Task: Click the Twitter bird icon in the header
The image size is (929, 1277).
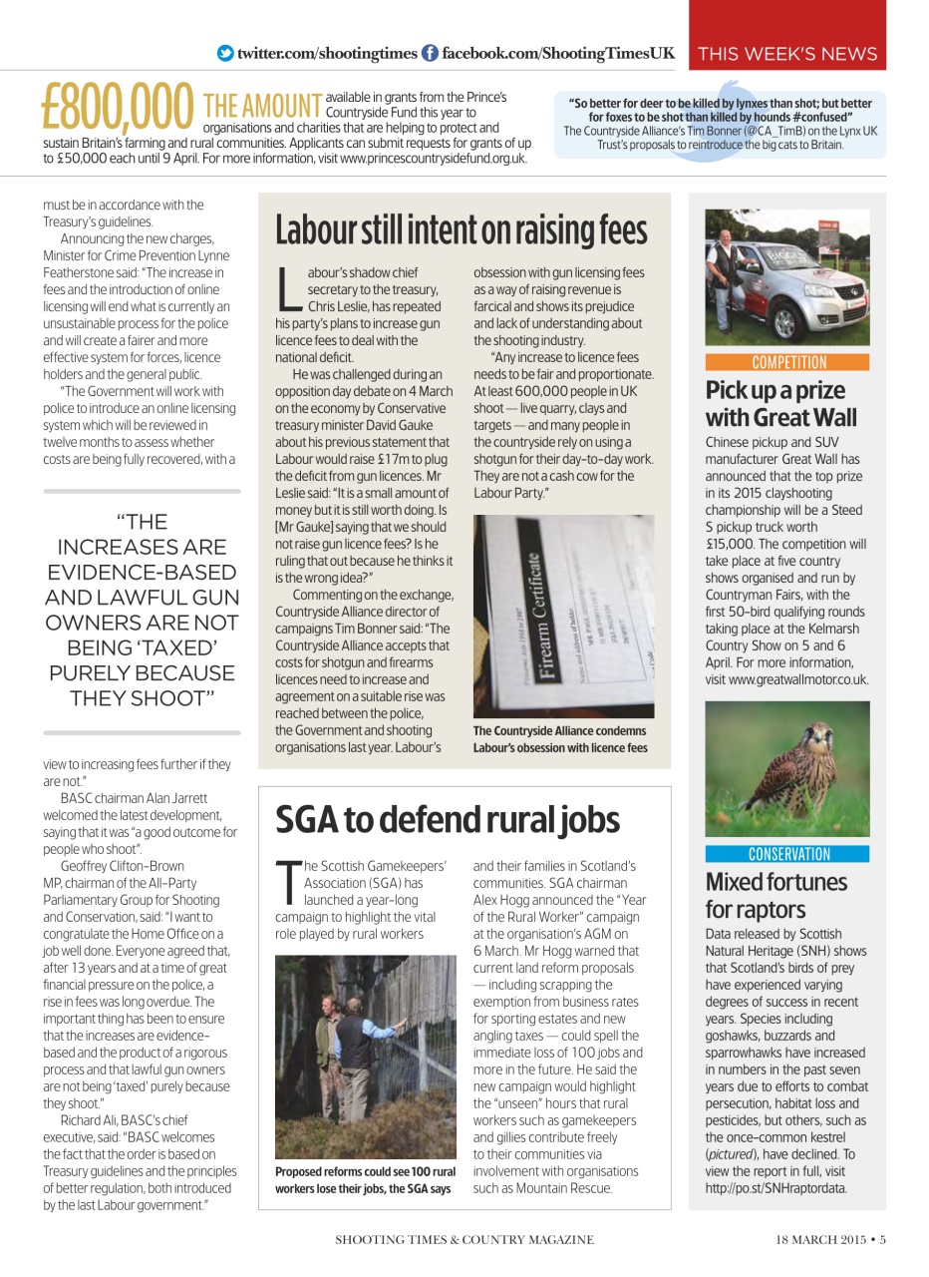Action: click(x=225, y=53)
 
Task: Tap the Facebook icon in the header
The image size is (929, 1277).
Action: click(x=430, y=53)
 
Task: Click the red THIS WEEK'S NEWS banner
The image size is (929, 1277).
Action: click(x=787, y=54)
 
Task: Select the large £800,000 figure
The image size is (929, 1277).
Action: click(x=118, y=108)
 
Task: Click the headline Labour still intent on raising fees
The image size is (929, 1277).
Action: click(x=461, y=229)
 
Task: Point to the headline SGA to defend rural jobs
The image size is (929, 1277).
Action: click(x=448, y=819)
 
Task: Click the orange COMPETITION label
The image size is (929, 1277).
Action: click(x=787, y=362)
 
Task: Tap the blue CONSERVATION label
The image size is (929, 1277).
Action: click(x=787, y=854)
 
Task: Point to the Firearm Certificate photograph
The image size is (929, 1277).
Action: click(x=563, y=616)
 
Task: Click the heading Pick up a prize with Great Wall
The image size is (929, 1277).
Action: click(x=780, y=404)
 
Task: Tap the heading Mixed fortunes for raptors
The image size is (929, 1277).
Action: click(x=775, y=896)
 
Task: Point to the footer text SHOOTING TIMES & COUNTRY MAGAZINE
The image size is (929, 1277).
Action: click(x=464, y=1240)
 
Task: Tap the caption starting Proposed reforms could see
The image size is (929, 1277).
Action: click(x=365, y=1180)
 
